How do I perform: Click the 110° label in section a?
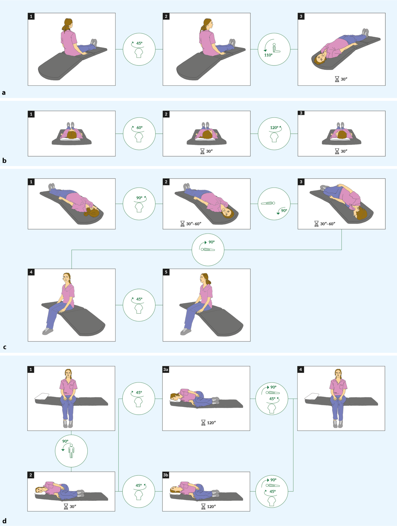click(268, 55)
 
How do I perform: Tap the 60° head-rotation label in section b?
click(139, 128)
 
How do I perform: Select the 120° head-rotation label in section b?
click(274, 128)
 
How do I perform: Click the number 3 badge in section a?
click(301, 16)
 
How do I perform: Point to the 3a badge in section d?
click(165, 369)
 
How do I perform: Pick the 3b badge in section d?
click(165, 475)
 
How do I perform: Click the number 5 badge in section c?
click(166, 272)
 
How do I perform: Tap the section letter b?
click(4, 160)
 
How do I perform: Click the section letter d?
click(4, 520)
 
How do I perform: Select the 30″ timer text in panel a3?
click(344, 79)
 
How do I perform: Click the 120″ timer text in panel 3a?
click(211, 422)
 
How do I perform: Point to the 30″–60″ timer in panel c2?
click(194, 224)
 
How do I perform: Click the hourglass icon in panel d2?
click(66, 506)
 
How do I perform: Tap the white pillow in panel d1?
click(42, 396)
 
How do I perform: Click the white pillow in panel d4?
click(312, 396)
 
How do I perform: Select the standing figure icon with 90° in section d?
click(71, 451)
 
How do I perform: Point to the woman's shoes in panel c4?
click(48, 331)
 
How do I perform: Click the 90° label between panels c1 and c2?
click(139, 198)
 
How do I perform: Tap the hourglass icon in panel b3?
click(337, 151)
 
